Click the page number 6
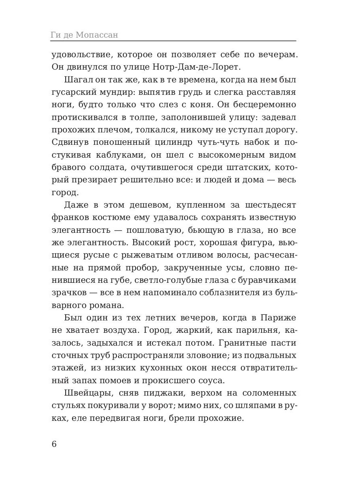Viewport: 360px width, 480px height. click(x=54, y=444)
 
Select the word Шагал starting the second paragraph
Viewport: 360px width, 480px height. click(x=76, y=80)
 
